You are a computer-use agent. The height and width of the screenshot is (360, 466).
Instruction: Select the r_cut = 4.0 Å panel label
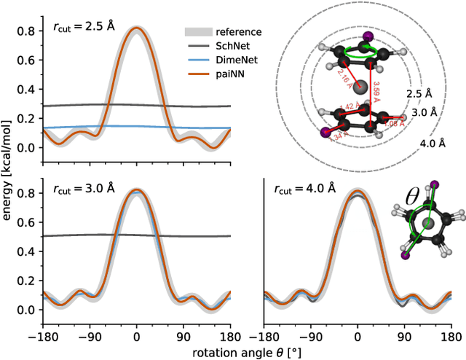click(300, 188)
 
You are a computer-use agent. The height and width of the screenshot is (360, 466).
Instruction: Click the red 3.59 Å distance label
click(376, 91)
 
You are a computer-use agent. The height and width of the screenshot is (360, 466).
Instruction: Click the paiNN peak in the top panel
click(136, 29)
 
